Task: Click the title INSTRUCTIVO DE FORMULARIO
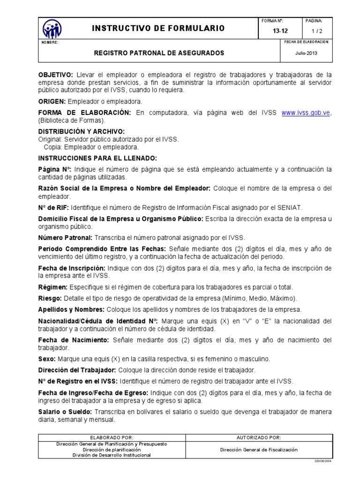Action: pyautogui.click(x=158, y=29)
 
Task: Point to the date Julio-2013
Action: pyautogui.click(x=306, y=53)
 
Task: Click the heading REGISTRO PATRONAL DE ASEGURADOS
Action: pyautogui.click(x=159, y=53)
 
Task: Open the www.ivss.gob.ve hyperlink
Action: pyautogui.click(x=306, y=113)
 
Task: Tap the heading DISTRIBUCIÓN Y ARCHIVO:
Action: pyautogui.click(x=81, y=132)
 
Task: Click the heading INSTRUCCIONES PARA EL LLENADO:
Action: pyautogui.click(x=97, y=158)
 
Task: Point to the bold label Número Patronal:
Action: pyautogui.click(x=65, y=238)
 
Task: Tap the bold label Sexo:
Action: pyautogui.click(x=47, y=359)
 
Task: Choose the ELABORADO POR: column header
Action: pyautogui.click(x=112, y=437)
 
